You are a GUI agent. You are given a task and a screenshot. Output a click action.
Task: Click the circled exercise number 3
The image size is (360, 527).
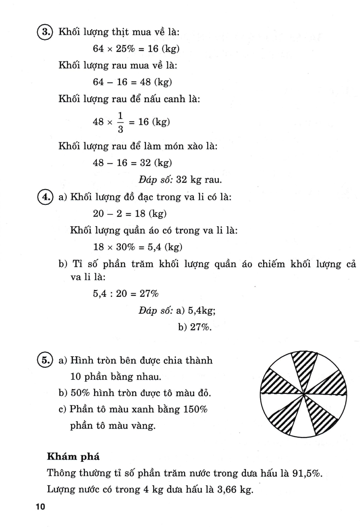tap(45, 32)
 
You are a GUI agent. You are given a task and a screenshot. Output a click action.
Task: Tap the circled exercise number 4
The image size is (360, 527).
tap(45, 197)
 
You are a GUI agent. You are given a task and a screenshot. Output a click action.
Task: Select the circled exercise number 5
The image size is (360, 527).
tap(45, 360)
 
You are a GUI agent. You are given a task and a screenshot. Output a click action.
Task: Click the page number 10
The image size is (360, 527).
tap(40, 507)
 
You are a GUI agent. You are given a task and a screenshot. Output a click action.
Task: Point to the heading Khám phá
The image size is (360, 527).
tap(73, 456)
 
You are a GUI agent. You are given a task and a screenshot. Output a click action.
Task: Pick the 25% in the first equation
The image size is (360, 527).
tap(125, 49)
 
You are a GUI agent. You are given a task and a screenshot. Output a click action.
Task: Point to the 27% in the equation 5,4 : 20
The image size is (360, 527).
tap(149, 294)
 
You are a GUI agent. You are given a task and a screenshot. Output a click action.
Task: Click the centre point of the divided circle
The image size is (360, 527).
tap(303, 394)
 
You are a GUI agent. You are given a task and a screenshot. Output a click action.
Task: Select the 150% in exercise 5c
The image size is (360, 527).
tap(195, 409)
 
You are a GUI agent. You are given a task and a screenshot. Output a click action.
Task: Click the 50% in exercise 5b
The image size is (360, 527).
tap(80, 393)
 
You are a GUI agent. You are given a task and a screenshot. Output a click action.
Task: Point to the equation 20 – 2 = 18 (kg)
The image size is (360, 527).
tap(130, 214)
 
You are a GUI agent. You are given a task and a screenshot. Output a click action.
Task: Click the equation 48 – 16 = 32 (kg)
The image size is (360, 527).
tap(132, 163)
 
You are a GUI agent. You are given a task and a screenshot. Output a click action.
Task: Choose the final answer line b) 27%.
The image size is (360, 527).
tap(195, 327)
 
